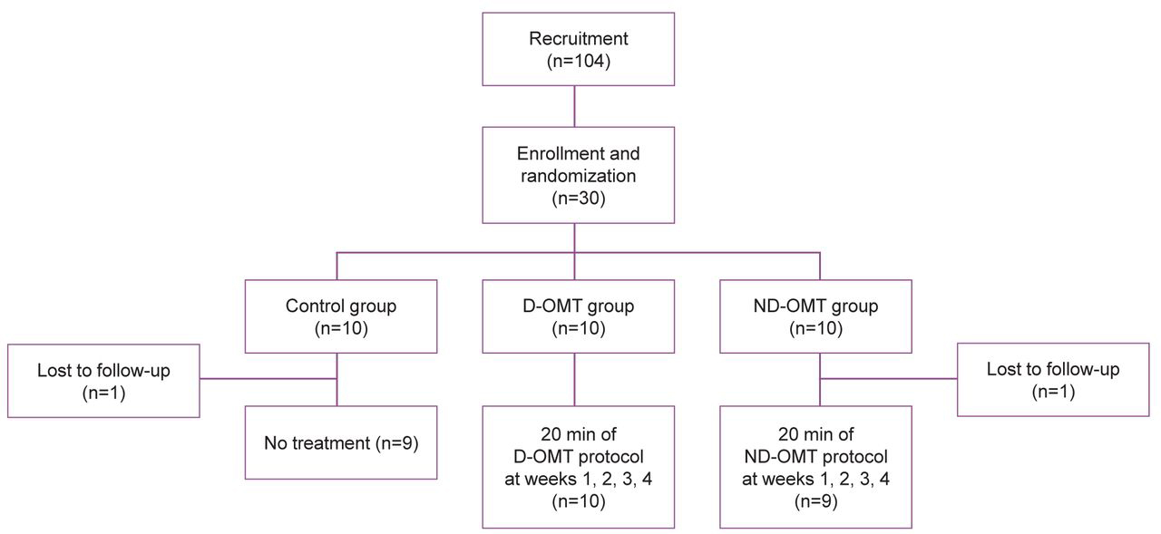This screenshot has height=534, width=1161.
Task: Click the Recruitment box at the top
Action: coord(578,50)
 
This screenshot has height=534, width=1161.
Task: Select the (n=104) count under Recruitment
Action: coord(578,62)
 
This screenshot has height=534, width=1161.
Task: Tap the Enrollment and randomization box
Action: coord(578,174)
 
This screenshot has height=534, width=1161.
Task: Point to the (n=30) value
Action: coord(578,197)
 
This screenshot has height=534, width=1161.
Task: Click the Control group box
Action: coord(340,316)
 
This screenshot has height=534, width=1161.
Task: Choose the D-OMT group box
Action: coord(578,316)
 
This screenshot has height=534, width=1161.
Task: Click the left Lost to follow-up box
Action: coord(103,380)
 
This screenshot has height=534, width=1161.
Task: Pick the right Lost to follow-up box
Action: coord(1052,380)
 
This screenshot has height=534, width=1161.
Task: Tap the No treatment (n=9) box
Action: coord(340,443)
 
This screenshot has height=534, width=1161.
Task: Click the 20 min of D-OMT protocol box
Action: coord(578,467)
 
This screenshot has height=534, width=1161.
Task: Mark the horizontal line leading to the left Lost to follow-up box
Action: coord(268,379)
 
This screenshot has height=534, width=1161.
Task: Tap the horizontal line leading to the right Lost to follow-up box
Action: coord(889,379)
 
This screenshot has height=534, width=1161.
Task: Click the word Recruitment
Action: coord(578,39)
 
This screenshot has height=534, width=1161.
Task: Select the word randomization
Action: coord(578,174)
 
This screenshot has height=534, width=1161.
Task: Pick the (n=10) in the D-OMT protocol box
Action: coord(578,500)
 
